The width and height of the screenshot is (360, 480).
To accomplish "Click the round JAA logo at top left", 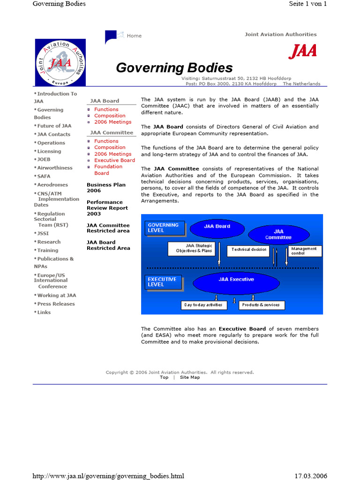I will tap(60, 62).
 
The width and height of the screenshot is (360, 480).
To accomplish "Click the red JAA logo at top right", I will tap(302, 51).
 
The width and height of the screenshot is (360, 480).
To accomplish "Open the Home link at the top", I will tap(134, 36).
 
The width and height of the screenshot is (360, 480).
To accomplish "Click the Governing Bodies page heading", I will tap(174, 68).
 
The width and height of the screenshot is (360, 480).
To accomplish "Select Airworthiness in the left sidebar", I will tap(55, 168).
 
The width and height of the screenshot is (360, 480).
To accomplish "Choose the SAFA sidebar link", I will tap(44, 176).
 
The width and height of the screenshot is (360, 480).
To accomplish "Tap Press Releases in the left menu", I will tap(56, 304).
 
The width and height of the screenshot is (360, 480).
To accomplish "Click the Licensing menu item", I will tap(49, 151).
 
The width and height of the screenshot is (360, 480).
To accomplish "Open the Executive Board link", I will tap(114, 160).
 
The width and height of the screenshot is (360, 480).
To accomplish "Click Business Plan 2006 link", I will tap(106, 187).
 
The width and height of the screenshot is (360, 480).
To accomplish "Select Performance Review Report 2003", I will tap(107, 208).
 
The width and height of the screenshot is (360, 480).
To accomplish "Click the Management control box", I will tap(305, 251).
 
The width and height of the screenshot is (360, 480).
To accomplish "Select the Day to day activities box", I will tap(204, 305).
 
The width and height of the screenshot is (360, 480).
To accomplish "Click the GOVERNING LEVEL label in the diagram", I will tap(164, 228).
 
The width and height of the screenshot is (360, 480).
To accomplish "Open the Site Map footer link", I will tap(190, 377).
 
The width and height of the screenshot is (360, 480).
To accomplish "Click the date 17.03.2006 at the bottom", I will tap(311, 476).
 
